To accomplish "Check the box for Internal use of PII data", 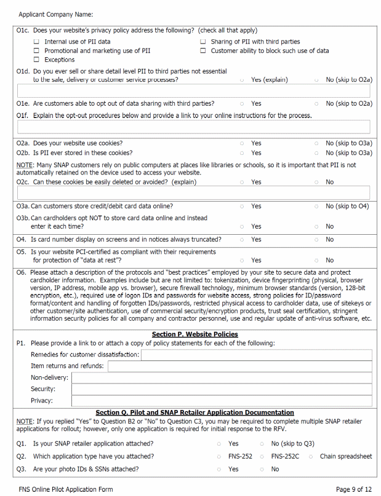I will (x=37, y=42).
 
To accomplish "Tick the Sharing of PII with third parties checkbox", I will (x=203, y=42).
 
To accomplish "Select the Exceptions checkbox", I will (x=37, y=60).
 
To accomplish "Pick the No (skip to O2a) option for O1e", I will (x=316, y=104).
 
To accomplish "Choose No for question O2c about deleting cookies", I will (x=316, y=182).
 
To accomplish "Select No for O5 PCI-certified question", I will (x=316, y=260).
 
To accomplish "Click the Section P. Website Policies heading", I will (x=195, y=334).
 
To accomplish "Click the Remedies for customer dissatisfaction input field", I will (x=256, y=355).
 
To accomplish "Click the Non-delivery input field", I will (x=221, y=377).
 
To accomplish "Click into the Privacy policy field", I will (x=221, y=401).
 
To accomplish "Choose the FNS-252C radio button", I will (x=262, y=457).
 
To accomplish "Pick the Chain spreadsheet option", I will (x=311, y=457).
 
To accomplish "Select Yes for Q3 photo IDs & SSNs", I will (x=219, y=469).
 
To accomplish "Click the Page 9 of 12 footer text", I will (x=353, y=489).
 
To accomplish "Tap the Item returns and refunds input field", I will (x=239, y=366).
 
